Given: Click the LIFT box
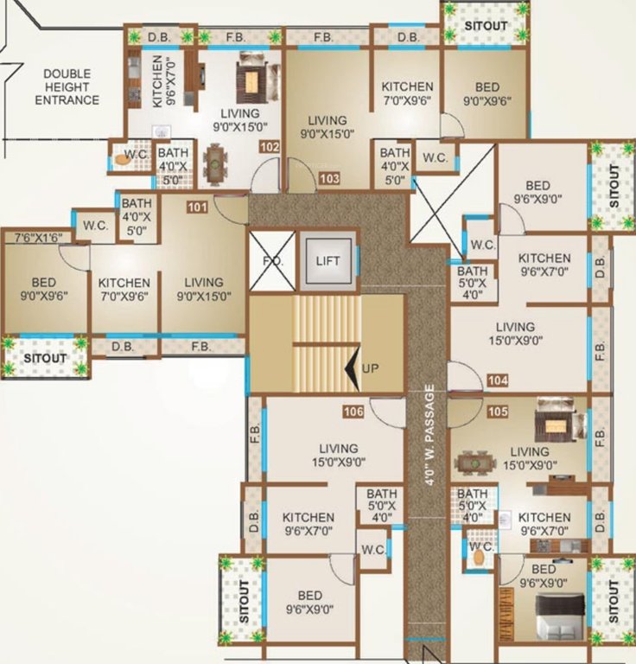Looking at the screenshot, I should click(328, 261).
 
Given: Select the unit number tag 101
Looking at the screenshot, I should click(197, 207).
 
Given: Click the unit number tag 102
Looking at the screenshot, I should click(270, 148).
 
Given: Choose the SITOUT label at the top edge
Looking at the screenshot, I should click(485, 25).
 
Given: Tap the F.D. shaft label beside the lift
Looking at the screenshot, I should click(272, 261).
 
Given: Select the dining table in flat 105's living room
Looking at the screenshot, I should click(471, 463).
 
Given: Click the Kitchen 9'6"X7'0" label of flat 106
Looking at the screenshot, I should click(308, 524).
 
